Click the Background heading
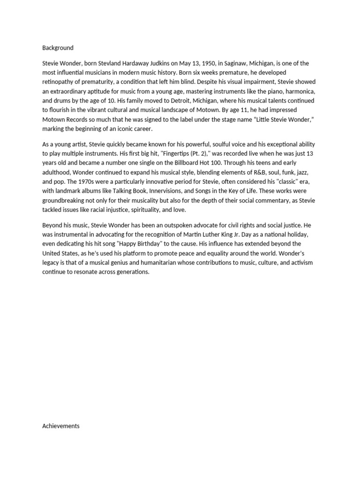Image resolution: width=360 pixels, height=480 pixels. (x=58, y=48)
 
